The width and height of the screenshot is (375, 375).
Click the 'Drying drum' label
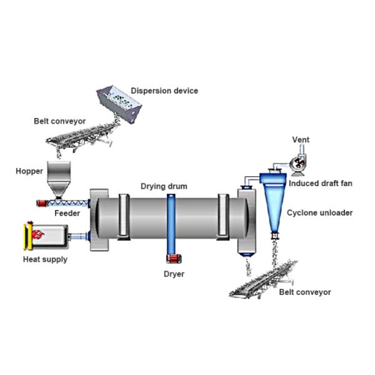[x=163, y=186]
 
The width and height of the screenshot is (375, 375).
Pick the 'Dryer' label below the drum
[x=174, y=274]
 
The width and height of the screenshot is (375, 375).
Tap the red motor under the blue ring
[x=171, y=259]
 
